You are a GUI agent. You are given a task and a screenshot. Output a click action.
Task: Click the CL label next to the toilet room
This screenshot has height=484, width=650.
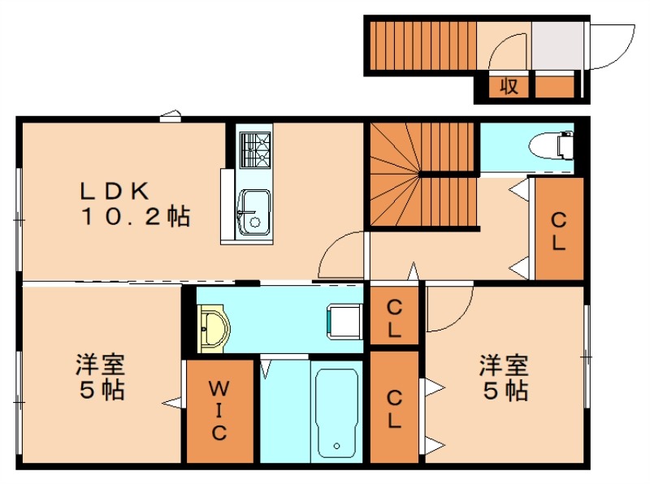coord(557,231)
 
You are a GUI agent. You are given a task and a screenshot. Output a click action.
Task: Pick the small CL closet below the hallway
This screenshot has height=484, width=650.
coord(394,318)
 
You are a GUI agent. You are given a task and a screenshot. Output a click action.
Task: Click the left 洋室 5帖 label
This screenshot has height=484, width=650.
coord(100,377)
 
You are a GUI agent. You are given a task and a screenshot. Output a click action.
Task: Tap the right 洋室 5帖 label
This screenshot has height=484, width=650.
coord(504,377)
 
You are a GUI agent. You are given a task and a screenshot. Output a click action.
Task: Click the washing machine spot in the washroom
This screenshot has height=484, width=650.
coord(343,320)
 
